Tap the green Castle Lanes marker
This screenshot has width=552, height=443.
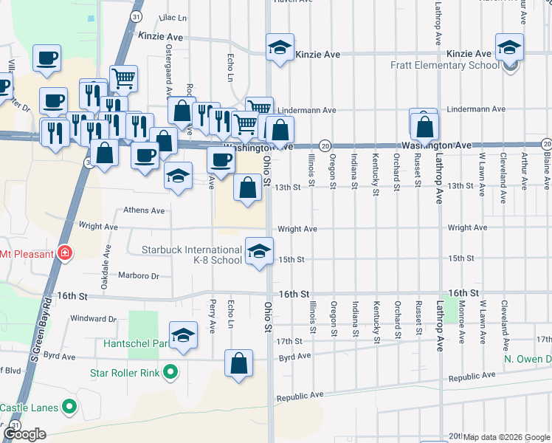[69, 407]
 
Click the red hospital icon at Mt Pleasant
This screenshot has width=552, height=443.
[66, 254]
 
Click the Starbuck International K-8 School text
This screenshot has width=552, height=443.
[192, 255]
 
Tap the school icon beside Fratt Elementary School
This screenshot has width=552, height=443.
[509, 49]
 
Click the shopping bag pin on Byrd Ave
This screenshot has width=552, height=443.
[238, 363]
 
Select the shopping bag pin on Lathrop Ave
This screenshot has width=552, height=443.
[425, 128]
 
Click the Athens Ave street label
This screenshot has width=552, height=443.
[144, 210]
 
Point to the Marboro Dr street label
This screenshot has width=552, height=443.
[139, 276]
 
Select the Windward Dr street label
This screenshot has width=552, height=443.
[94, 319]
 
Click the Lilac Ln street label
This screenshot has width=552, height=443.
[172, 16]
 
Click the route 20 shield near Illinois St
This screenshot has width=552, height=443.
[324, 146]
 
